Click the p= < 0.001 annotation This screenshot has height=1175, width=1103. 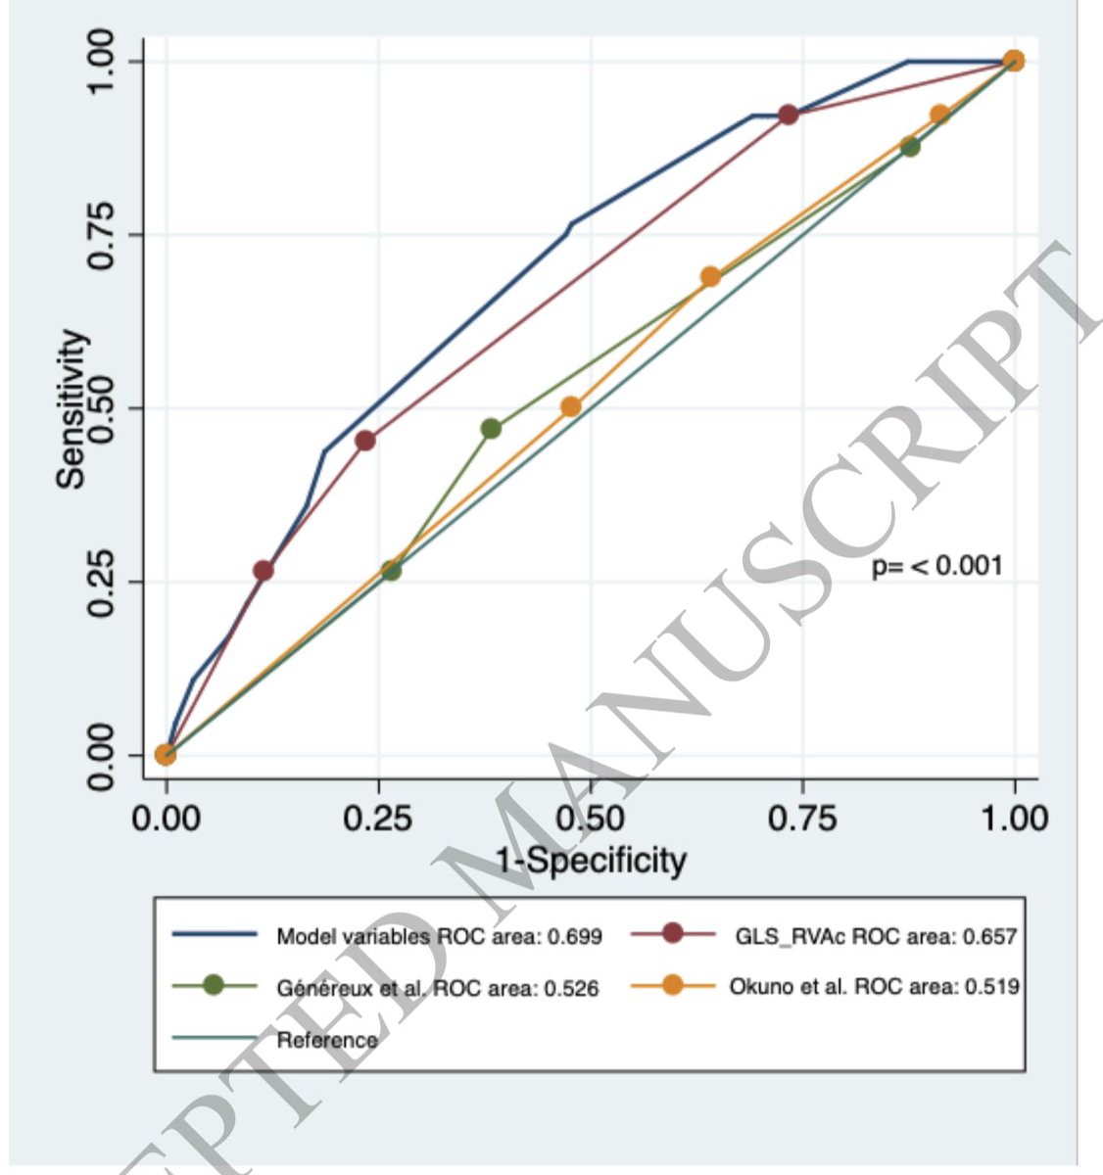(936, 566)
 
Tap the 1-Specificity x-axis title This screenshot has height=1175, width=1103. (590, 860)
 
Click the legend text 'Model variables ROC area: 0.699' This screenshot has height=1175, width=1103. (439, 936)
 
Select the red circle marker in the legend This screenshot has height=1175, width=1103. (672, 934)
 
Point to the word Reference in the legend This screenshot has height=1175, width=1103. (327, 1040)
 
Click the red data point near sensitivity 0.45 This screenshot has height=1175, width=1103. (365, 441)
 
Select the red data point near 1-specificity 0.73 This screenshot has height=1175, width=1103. (788, 115)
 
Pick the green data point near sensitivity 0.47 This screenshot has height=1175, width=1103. (491, 429)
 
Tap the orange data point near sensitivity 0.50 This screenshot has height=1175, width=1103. (571, 406)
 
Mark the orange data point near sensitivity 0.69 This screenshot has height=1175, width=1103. (710, 277)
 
